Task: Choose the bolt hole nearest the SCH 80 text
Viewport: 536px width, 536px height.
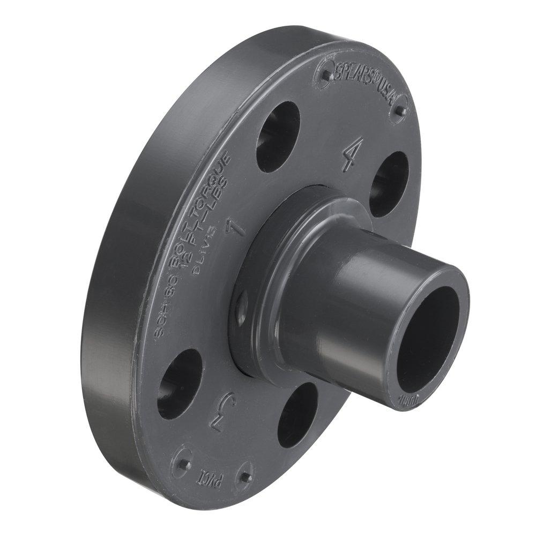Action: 180,383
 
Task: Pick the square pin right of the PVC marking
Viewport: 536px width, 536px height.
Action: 245,477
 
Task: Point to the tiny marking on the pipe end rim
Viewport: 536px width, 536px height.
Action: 407,400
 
